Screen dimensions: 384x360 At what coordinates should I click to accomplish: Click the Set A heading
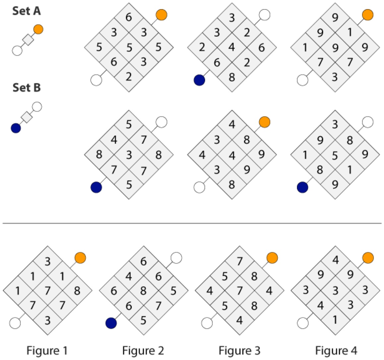point(27,11)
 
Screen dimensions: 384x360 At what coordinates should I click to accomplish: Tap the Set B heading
point(27,88)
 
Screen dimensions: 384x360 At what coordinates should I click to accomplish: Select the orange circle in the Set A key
point(38,30)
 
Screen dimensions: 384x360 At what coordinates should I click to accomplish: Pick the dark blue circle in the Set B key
point(16,128)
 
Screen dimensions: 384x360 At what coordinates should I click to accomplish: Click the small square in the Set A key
point(28,40)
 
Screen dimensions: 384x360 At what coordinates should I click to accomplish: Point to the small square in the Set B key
point(27,117)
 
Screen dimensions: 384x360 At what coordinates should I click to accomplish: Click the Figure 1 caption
point(47,351)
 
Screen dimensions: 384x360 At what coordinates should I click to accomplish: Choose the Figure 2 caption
point(143,351)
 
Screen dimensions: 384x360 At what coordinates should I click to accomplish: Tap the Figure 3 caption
point(239,351)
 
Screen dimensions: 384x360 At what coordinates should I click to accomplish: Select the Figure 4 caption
point(336,351)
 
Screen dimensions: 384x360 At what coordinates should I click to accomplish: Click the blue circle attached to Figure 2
point(111,323)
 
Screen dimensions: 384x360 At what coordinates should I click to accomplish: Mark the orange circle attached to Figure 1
point(80,258)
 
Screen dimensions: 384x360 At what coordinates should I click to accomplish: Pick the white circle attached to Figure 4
point(303,323)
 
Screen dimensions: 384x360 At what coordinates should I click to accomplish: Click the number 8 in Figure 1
point(77,291)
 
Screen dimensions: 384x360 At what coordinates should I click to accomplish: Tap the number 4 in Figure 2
point(129,276)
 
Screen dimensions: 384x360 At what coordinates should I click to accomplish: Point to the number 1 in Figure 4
point(335,320)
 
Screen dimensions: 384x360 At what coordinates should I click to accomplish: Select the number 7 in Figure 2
point(159,306)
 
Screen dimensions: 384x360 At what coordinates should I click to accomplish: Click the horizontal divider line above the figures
point(192,223)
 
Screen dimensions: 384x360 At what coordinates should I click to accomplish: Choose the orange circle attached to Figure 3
point(272,258)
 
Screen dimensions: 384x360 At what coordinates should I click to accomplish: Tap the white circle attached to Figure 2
point(176,258)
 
